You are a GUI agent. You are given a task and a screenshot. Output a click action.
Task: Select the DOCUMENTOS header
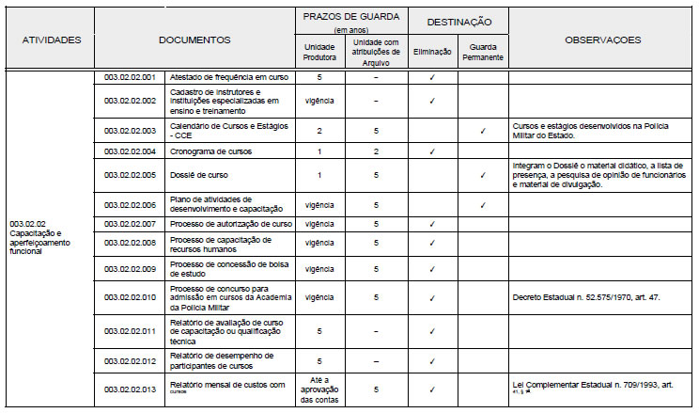pyautogui.click(x=194, y=40)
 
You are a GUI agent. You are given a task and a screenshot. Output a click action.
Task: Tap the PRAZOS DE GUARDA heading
pyautogui.click(x=349, y=17)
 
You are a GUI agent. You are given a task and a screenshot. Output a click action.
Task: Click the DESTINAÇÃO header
pyautogui.click(x=457, y=20)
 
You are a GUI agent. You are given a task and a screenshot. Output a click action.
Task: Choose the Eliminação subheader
pyautogui.click(x=431, y=51)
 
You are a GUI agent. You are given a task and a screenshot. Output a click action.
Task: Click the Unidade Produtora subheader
pyautogui.click(x=319, y=51)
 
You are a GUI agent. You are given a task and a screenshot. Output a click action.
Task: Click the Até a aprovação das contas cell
pyautogui.click(x=319, y=388)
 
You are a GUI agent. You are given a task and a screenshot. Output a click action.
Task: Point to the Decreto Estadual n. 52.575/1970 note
pyautogui.click(x=573, y=297)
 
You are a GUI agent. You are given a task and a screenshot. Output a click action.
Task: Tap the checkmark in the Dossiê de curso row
pyautogui.click(x=482, y=175)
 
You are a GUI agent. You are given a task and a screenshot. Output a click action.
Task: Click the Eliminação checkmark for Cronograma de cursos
pyautogui.click(x=431, y=151)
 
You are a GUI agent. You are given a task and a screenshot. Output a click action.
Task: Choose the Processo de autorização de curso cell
pyautogui.click(x=230, y=224)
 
